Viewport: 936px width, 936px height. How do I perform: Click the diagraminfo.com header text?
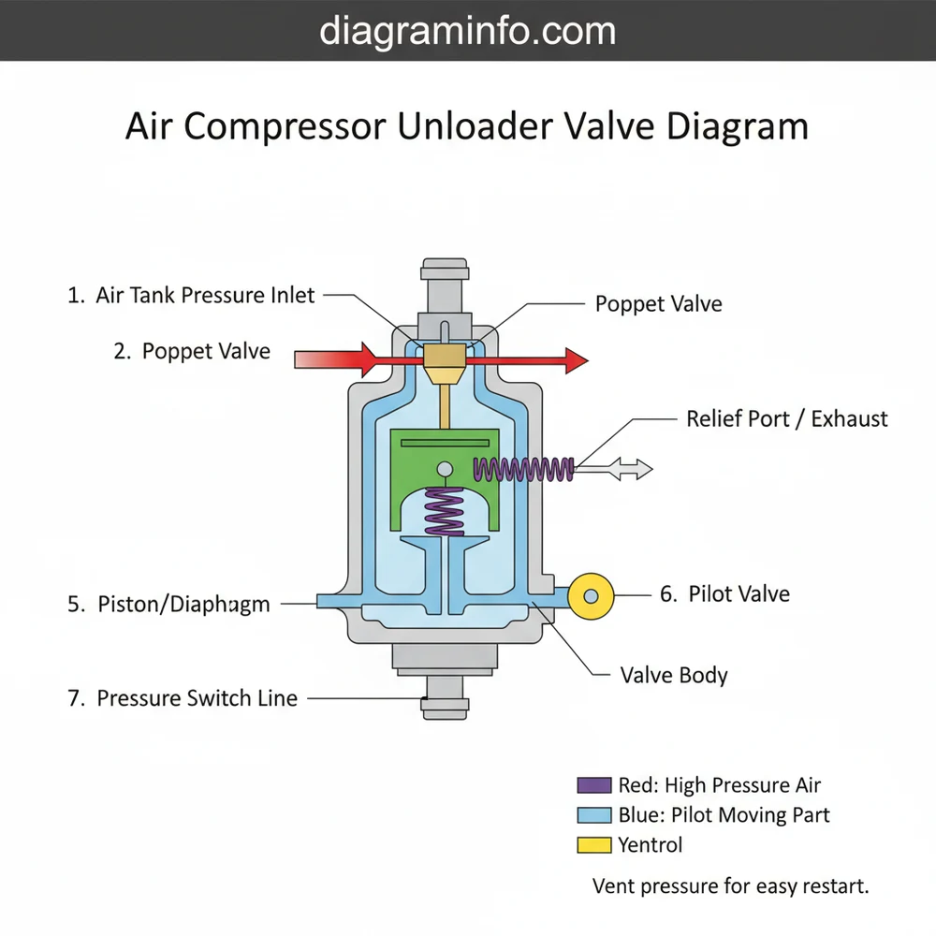click(467, 31)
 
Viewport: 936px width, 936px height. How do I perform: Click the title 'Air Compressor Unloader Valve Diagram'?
click(467, 126)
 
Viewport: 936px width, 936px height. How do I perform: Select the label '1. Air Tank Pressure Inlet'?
click(192, 295)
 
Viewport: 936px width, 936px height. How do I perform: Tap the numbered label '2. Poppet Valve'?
click(192, 352)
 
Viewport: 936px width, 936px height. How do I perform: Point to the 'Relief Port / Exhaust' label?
click(787, 418)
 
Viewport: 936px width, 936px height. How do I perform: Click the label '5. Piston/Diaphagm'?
click(168, 605)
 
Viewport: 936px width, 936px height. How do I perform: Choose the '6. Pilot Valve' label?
click(724, 594)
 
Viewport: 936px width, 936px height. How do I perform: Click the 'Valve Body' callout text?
click(674, 675)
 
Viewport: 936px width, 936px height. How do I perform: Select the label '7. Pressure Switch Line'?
click(183, 698)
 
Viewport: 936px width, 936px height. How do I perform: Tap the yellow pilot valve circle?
click(591, 595)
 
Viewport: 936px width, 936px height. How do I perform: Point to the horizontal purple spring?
click(524, 469)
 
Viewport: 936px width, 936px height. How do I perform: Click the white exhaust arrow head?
click(639, 469)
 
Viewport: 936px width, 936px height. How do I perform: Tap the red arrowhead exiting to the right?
click(575, 359)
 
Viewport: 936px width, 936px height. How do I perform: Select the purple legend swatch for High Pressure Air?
click(595, 785)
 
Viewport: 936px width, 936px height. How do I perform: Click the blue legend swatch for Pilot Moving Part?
click(595, 815)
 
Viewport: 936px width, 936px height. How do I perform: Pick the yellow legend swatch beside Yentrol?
click(595, 845)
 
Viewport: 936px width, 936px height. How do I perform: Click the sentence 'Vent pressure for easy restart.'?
click(731, 885)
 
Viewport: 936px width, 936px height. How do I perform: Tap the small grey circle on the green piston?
click(446, 469)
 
